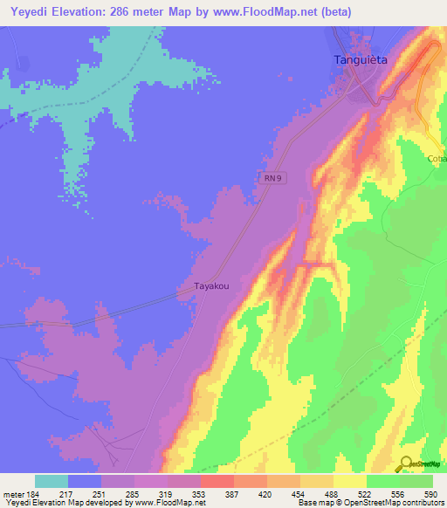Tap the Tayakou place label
tap(210, 285)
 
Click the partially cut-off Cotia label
tap(437, 159)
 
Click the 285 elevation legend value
tap(132, 493)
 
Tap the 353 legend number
tap(199, 493)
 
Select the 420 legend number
tap(265, 493)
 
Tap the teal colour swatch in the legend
tap(51, 481)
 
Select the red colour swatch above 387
tap(216, 481)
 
